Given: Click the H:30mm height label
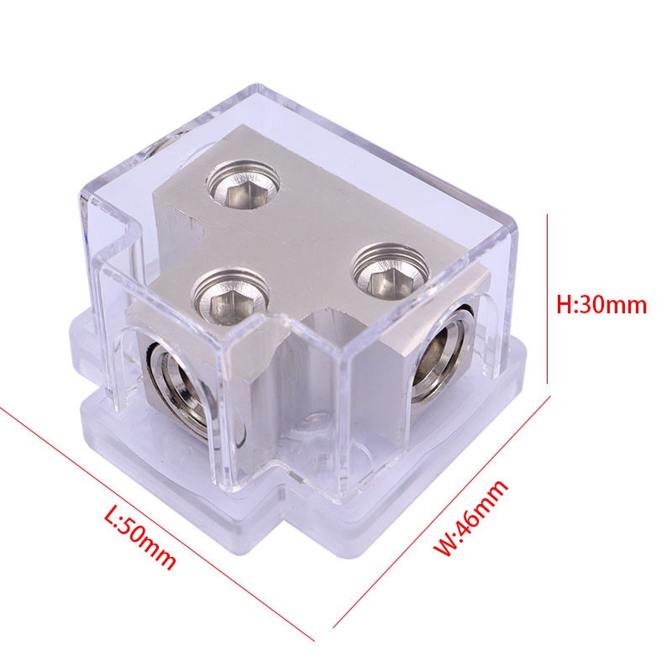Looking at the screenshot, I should [602, 304].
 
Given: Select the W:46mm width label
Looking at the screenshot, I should [471, 518].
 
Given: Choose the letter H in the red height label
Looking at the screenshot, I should [565, 304].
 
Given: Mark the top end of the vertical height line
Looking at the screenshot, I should [548, 216].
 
